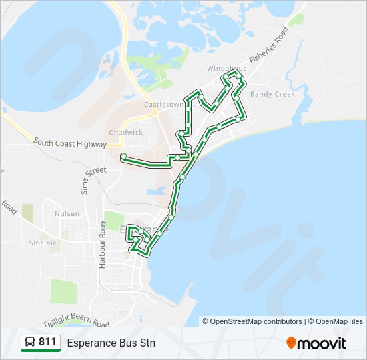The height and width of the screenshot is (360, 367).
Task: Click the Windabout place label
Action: (x=226, y=68)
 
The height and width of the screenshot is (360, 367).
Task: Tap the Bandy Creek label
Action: (x=272, y=94)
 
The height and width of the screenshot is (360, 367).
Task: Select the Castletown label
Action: (x=163, y=105)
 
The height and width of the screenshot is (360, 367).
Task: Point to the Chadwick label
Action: (x=125, y=132)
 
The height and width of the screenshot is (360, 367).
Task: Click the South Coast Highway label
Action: (x=70, y=143)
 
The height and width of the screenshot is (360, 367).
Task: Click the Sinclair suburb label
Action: (x=42, y=243)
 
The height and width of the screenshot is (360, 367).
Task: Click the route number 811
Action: (x=47, y=342)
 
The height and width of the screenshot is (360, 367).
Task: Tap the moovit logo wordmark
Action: (x=322, y=343)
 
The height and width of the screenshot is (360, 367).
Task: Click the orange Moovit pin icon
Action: (x=291, y=343)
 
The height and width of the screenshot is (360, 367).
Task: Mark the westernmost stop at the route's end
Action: (x=123, y=156)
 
